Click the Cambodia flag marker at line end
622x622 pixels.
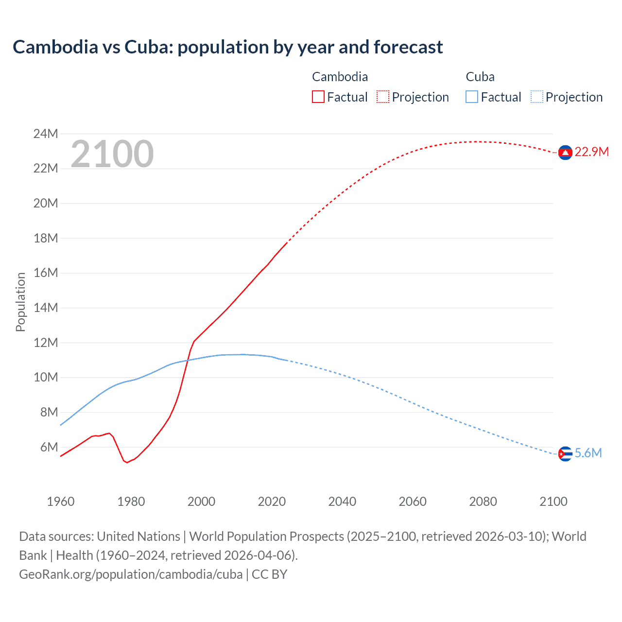(x=565, y=153)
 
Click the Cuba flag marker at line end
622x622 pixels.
(x=565, y=454)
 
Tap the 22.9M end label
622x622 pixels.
(x=591, y=152)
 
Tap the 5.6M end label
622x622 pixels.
(x=588, y=453)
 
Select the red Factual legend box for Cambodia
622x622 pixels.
(x=318, y=97)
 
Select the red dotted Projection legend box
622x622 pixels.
(x=383, y=97)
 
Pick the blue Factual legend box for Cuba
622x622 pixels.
(x=471, y=97)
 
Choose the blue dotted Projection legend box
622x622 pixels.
(x=536, y=97)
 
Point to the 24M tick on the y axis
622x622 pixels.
(x=46, y=134)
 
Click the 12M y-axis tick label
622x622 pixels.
(x=46, y=343)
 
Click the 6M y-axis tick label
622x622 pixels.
(x=49, y=447)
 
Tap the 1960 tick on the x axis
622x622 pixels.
(x=61, y=501)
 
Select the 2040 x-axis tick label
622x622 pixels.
(x=342, y=501)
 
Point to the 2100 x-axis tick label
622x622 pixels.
(x=553, y=501)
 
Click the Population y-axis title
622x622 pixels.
(x=20, y=302)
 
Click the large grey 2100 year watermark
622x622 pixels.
(x=112, y=154)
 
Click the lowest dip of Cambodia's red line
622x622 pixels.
(x=127, y=462)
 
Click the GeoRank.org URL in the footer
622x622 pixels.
(x=131, y=574)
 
